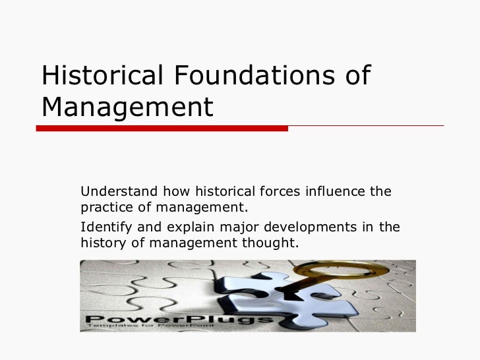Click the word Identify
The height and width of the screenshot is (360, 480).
coord(103,228)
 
